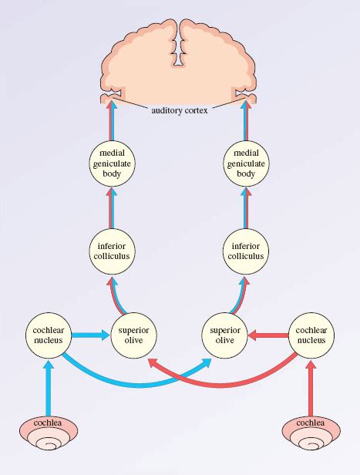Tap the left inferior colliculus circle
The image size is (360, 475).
(x=113, y=251)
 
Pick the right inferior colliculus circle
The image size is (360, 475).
(x=246, y=251)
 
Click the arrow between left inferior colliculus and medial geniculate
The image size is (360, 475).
(x=113, y=207)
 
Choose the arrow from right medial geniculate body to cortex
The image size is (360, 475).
(x=246, y=120)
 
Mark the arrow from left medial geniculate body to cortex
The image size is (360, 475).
(x=113, y=120)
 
